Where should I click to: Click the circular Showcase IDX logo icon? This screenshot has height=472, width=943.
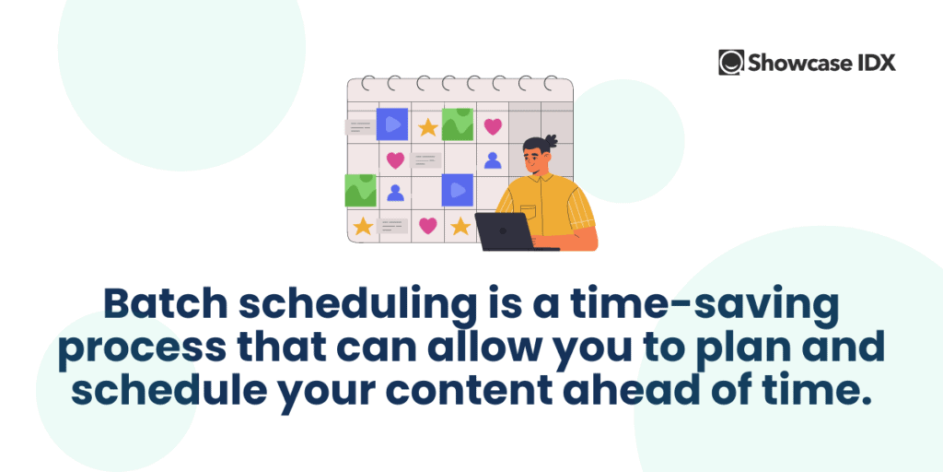[x=731, y=63]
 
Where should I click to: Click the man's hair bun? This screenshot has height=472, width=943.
[x=551, y=140]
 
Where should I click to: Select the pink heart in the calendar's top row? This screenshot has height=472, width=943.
[x=494, y=126]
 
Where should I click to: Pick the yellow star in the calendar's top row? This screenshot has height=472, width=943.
[x=427, y=127]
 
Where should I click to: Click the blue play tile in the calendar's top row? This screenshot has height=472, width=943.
[x=392, y=124]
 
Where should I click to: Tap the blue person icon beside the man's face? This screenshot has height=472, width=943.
[x=493, y=160]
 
